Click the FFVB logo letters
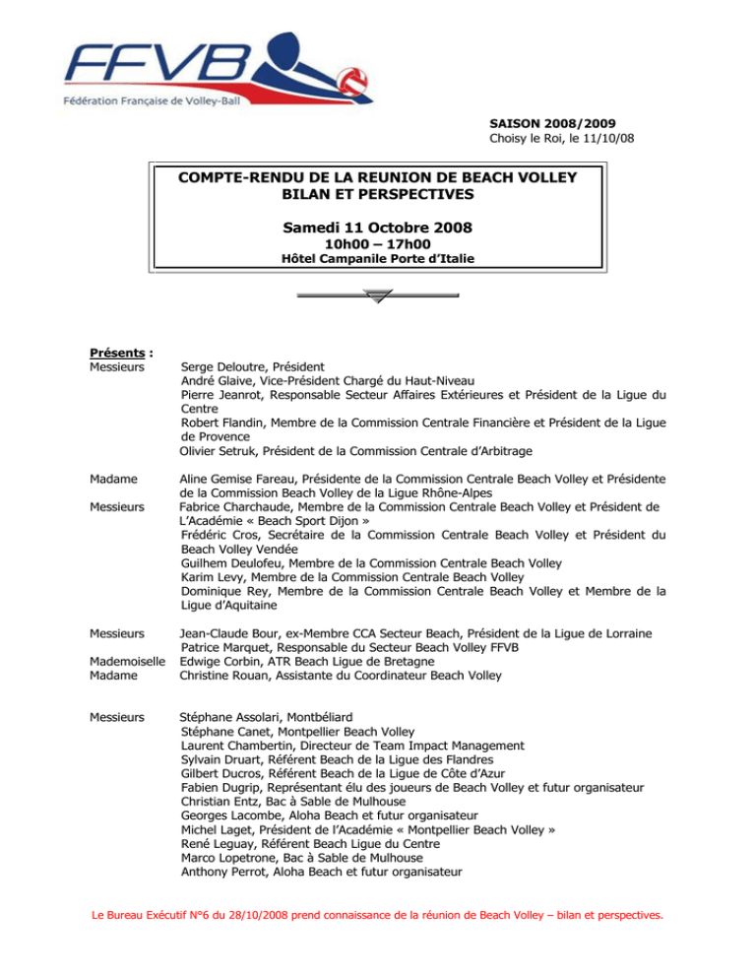[x=148, y=68]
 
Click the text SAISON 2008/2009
[x=553, y=122]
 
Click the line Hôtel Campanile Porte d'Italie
[x=378, y=260]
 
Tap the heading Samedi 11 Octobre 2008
[x=377, y=228]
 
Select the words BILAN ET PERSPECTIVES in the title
[x=378, y=194]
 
